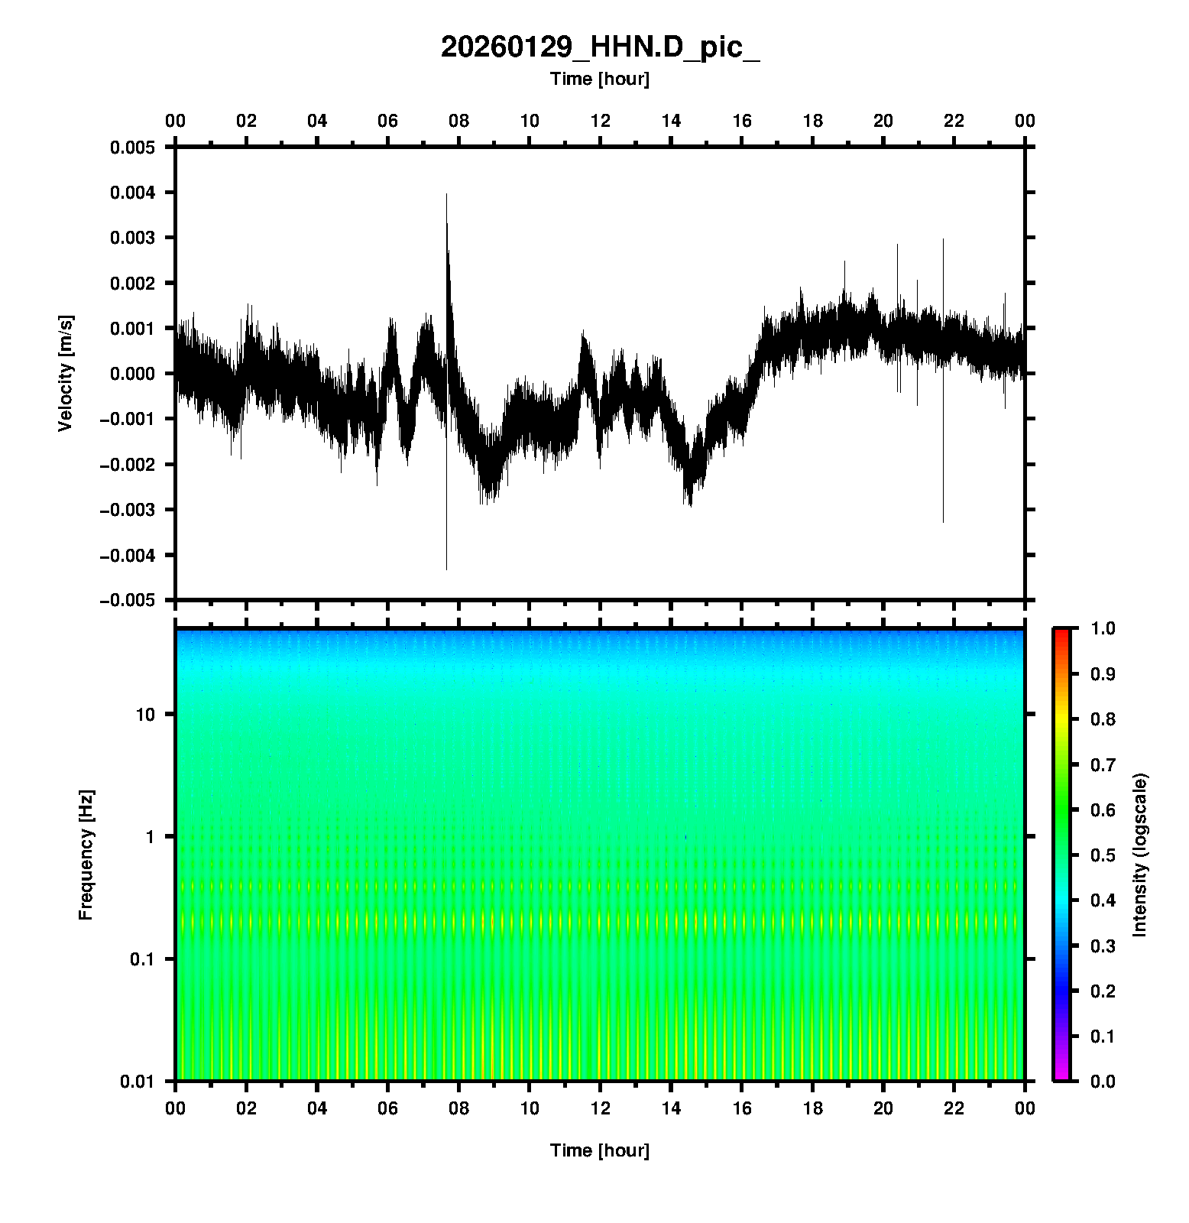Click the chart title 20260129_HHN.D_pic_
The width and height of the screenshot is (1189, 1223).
[x=600, y=47]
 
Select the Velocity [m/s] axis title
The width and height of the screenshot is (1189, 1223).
[x=66, y=373]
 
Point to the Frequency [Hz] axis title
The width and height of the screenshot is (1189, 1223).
[x=86, y=855]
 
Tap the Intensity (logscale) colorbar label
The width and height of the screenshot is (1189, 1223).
[x=1140, y=855]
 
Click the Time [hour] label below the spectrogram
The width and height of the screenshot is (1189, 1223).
[x=600, y=1150]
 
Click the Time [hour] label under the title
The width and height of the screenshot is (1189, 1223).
[x=600, y=79]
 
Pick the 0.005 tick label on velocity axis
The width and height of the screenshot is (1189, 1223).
[x=132, y=148]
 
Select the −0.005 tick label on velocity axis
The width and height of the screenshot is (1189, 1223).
[x=127, y=601]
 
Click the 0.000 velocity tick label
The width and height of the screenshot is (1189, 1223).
[x=132, y=374]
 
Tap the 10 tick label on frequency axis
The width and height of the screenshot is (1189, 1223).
[x=145, y=715]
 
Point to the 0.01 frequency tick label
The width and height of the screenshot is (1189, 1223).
[x=138, y=1081]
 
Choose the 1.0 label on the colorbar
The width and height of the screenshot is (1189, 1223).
[x=1103, y=628]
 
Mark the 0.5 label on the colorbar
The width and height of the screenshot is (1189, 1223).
[x=1103, y=855]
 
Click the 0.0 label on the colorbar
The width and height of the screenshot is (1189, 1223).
[x=1103, y=1081]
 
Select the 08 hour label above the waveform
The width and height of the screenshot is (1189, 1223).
[x=458, y=121]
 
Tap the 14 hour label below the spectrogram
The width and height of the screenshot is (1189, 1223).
[x=671, y=1108]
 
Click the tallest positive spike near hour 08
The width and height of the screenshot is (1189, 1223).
[x=447, y=197]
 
